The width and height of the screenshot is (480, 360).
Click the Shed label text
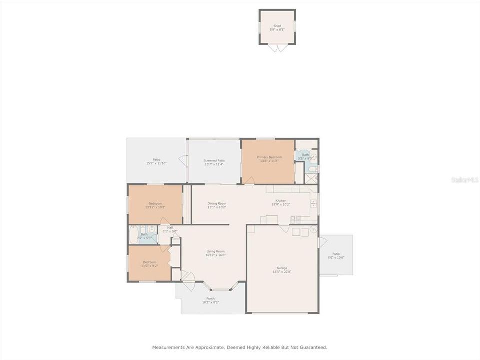(277, 26)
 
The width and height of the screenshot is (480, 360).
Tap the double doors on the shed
(277, 48)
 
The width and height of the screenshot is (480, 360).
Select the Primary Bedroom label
(269, 157)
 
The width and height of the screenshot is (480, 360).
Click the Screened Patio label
(214, 160)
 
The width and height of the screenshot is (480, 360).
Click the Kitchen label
(281, 200)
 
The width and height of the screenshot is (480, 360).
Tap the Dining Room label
(217, 203)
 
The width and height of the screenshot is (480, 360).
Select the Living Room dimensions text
(216, 255)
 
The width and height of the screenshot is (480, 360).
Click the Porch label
(210, 298)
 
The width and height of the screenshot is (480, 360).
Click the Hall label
(170, 227)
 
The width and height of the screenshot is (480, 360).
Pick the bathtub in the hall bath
(133, 234)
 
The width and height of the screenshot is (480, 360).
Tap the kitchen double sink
(313, 203)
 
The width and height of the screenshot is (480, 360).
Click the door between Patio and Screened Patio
(185, 161)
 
